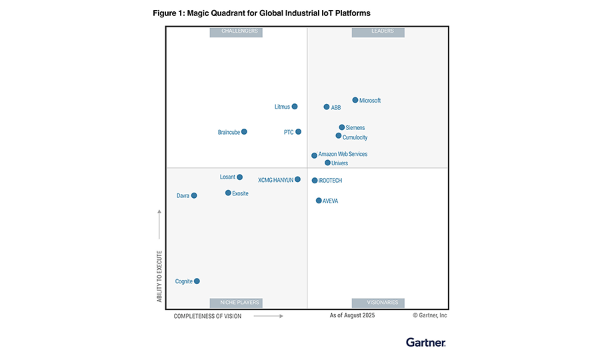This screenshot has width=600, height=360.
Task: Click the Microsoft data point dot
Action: pos(355,100)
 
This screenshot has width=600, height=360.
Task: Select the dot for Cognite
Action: pos(197,281)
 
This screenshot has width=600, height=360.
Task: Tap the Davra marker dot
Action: pos(194,195)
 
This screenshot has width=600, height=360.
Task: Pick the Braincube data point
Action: pos(244,132)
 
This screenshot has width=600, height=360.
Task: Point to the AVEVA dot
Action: pos(319,201)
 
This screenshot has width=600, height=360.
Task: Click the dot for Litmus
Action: pos(295,107)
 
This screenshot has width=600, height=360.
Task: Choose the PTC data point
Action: pos(298,132)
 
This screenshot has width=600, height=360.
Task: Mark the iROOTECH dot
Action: pos(315,181)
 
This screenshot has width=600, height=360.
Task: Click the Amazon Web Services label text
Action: pos(343,155)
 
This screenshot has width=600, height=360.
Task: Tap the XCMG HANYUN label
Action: pos(275,180)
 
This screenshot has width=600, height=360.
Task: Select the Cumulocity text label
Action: pos(355,138)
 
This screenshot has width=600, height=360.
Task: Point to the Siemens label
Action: pos(355,128)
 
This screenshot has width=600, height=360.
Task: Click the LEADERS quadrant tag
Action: pos(378,31)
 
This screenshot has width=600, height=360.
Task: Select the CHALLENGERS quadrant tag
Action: pos(236,31)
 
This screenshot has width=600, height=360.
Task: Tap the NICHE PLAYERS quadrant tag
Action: pos(236,303)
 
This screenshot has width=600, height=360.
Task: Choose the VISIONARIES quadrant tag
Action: pos(378,303)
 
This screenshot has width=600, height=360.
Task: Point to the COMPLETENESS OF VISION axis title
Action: pos(207,316)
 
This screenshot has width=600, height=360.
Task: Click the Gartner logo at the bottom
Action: pos(426,342)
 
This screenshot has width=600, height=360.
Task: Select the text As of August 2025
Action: pos(352,315)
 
